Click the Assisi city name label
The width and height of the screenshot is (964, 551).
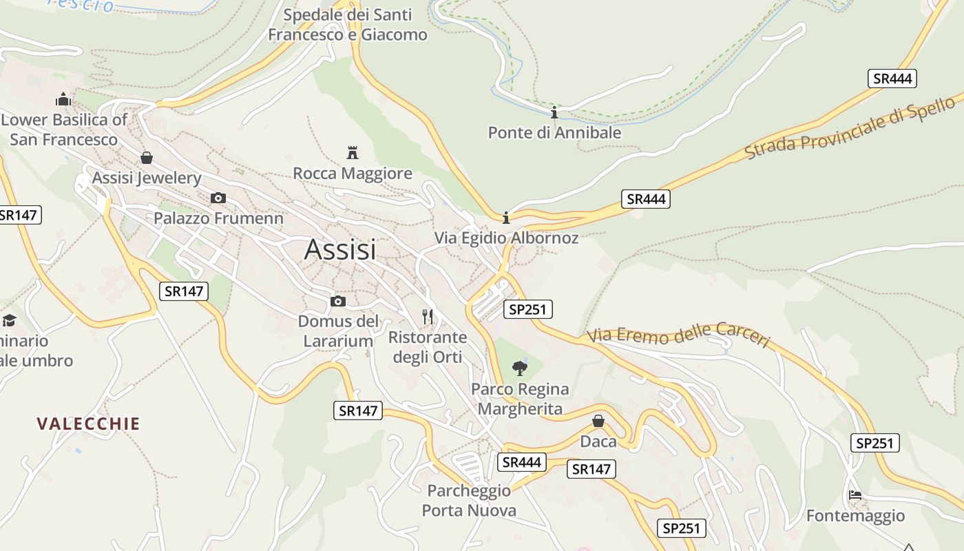tap(340, 249)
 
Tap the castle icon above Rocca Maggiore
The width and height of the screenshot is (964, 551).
tap(353, 152)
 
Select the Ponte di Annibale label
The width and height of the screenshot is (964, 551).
tap(554, 132)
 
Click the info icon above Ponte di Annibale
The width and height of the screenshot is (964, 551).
tap(554, 112)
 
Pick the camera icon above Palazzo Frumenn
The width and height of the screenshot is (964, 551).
tap(218, 198)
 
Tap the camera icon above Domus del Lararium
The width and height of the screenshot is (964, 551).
tap(337, 301)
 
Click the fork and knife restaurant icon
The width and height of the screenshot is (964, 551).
tap(428, 317)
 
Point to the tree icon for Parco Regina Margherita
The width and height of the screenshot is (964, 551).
tap(520, 368)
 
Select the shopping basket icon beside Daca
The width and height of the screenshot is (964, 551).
tap(598, 421)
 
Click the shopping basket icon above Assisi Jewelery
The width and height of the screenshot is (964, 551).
tap(146, 158)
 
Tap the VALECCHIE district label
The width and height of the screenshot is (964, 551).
tap(88, 424)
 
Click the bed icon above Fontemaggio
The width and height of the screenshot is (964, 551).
tap(855, 495)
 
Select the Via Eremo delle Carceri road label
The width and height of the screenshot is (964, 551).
tap(678, 335)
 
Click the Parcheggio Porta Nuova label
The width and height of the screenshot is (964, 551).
tap(469, 501)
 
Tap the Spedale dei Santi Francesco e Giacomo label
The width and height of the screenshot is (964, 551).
tap(348, 25)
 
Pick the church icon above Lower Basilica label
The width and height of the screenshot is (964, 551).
tap(63, 99)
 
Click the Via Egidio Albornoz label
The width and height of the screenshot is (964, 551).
tap(506, 238)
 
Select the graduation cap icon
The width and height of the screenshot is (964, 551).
tap(9, 320)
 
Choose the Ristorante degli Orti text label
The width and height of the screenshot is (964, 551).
tap(428, 347)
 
